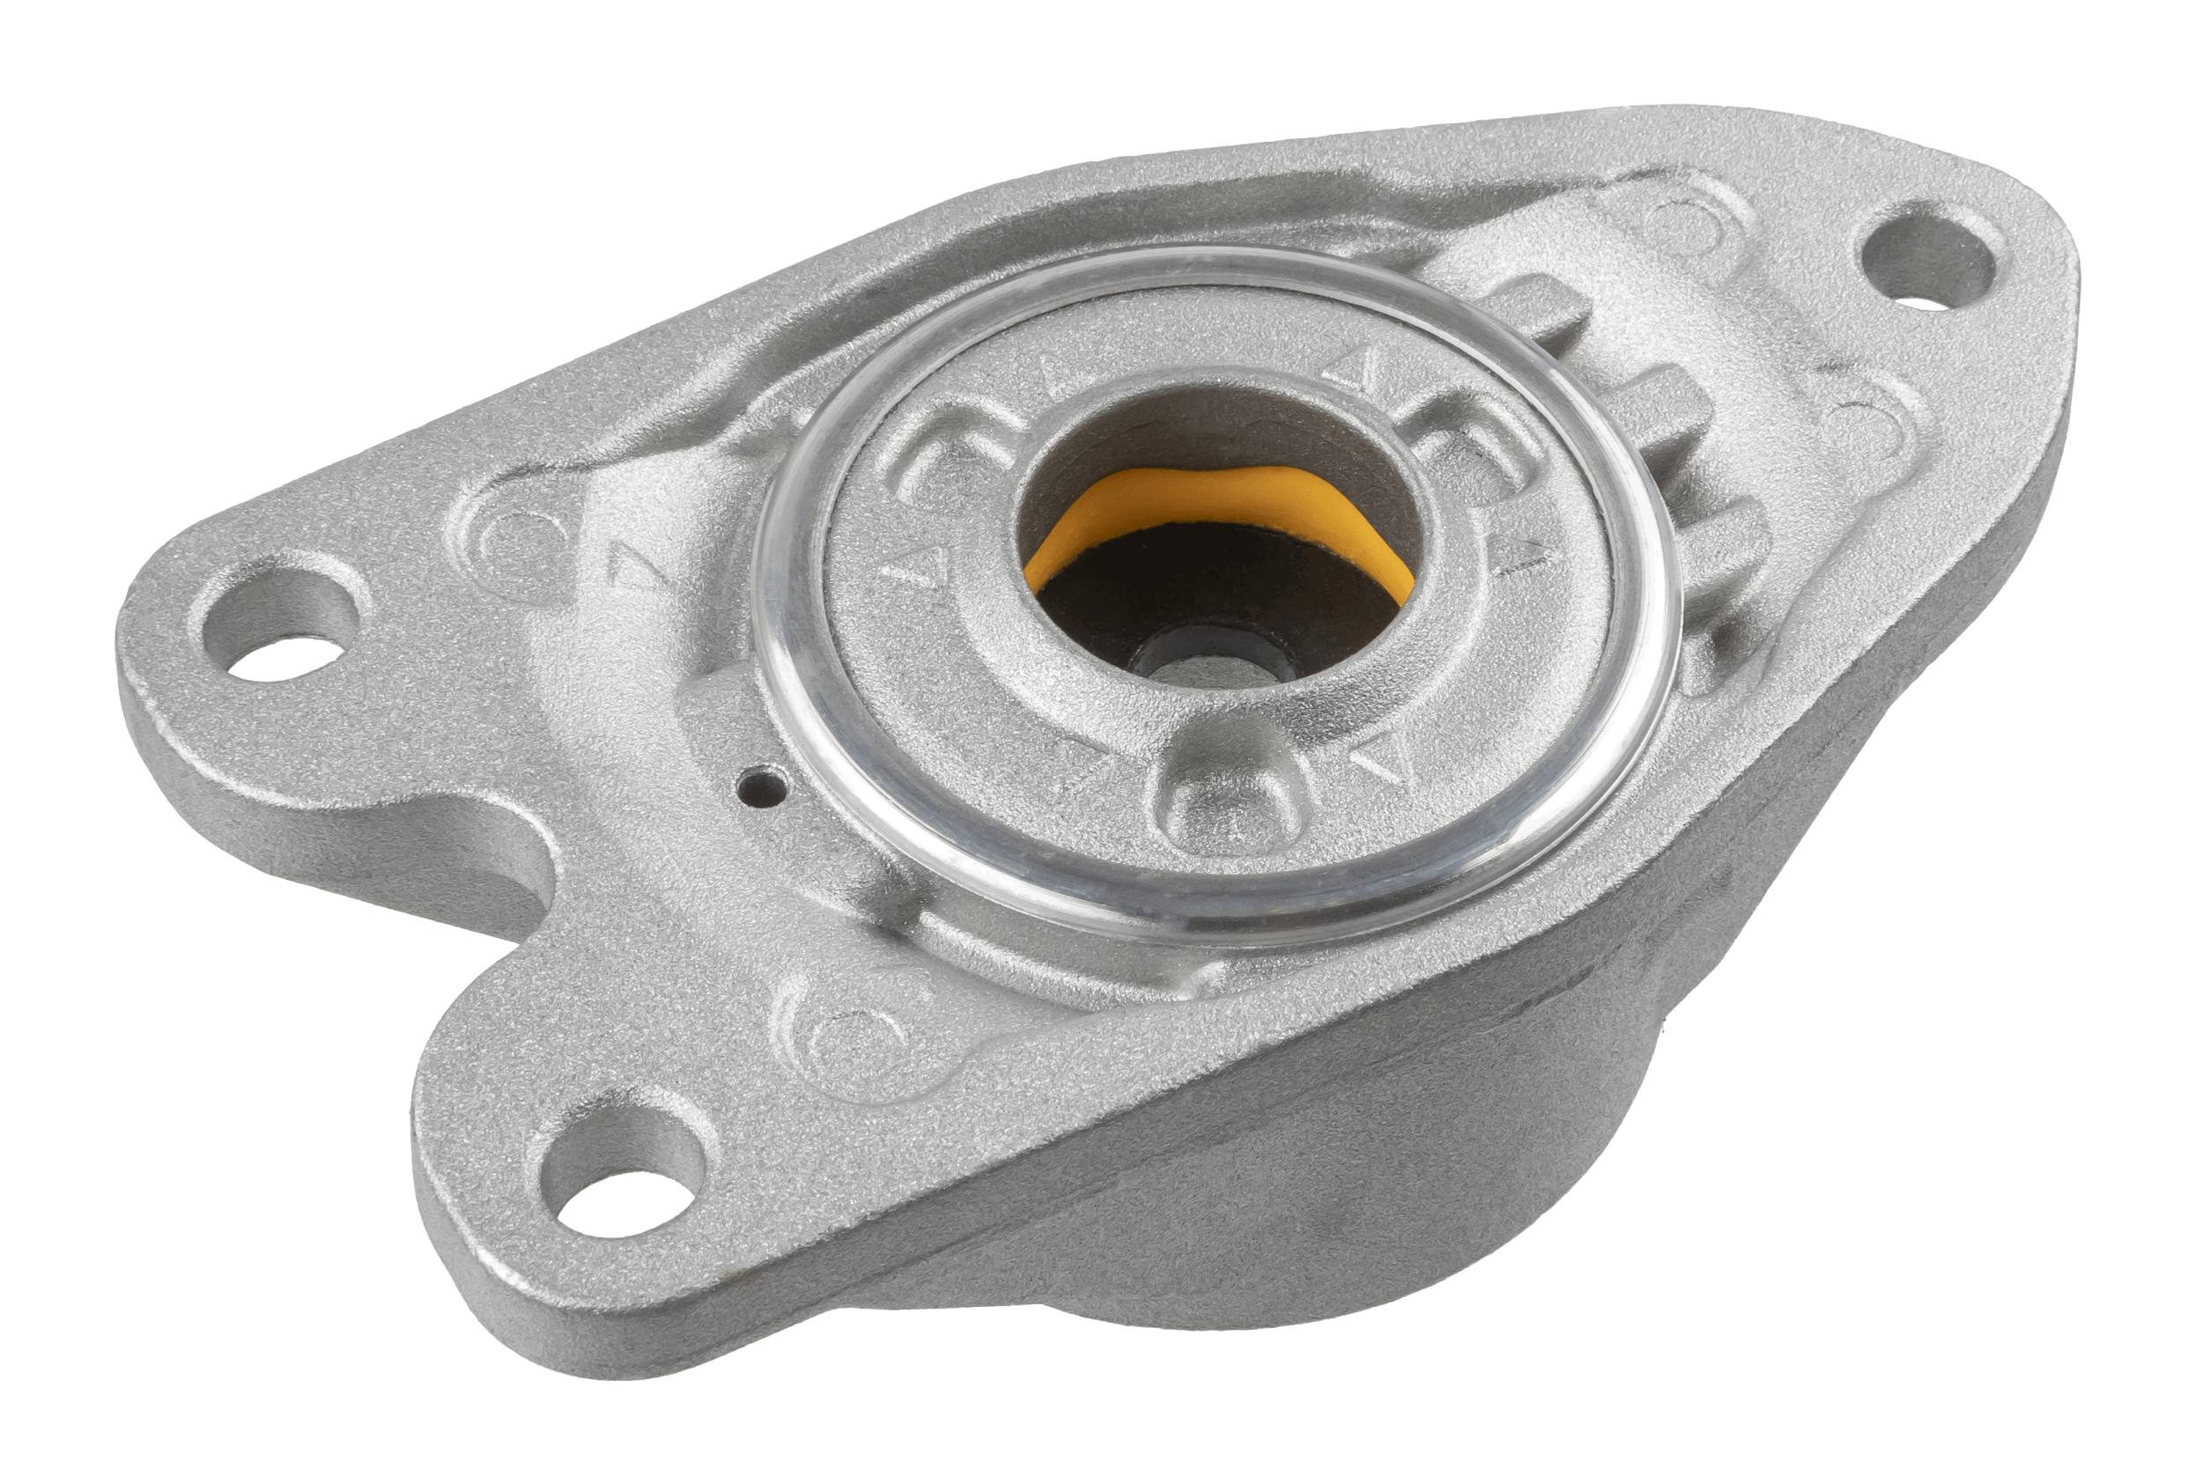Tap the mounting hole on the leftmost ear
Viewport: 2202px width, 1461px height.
pyautogui.click(x=280, y=628)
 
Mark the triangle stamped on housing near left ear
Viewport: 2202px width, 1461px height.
pyautogui.click(x=632, y=565)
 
